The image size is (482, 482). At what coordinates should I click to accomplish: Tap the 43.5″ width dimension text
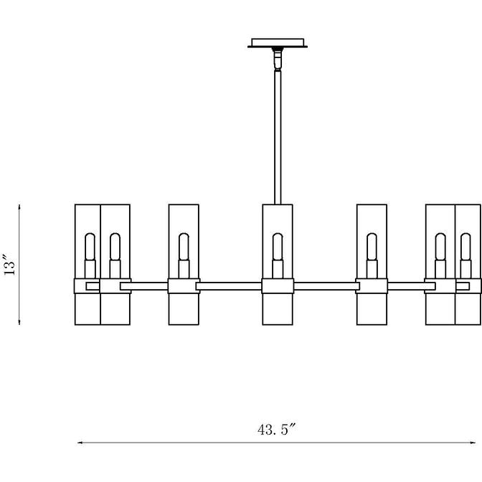click(276, 430)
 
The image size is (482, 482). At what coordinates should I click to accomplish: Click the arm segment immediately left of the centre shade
click(229, 286)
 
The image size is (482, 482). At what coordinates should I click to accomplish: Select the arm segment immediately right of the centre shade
click(325, 286)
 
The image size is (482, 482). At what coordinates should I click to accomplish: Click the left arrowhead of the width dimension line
click(80, 443)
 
